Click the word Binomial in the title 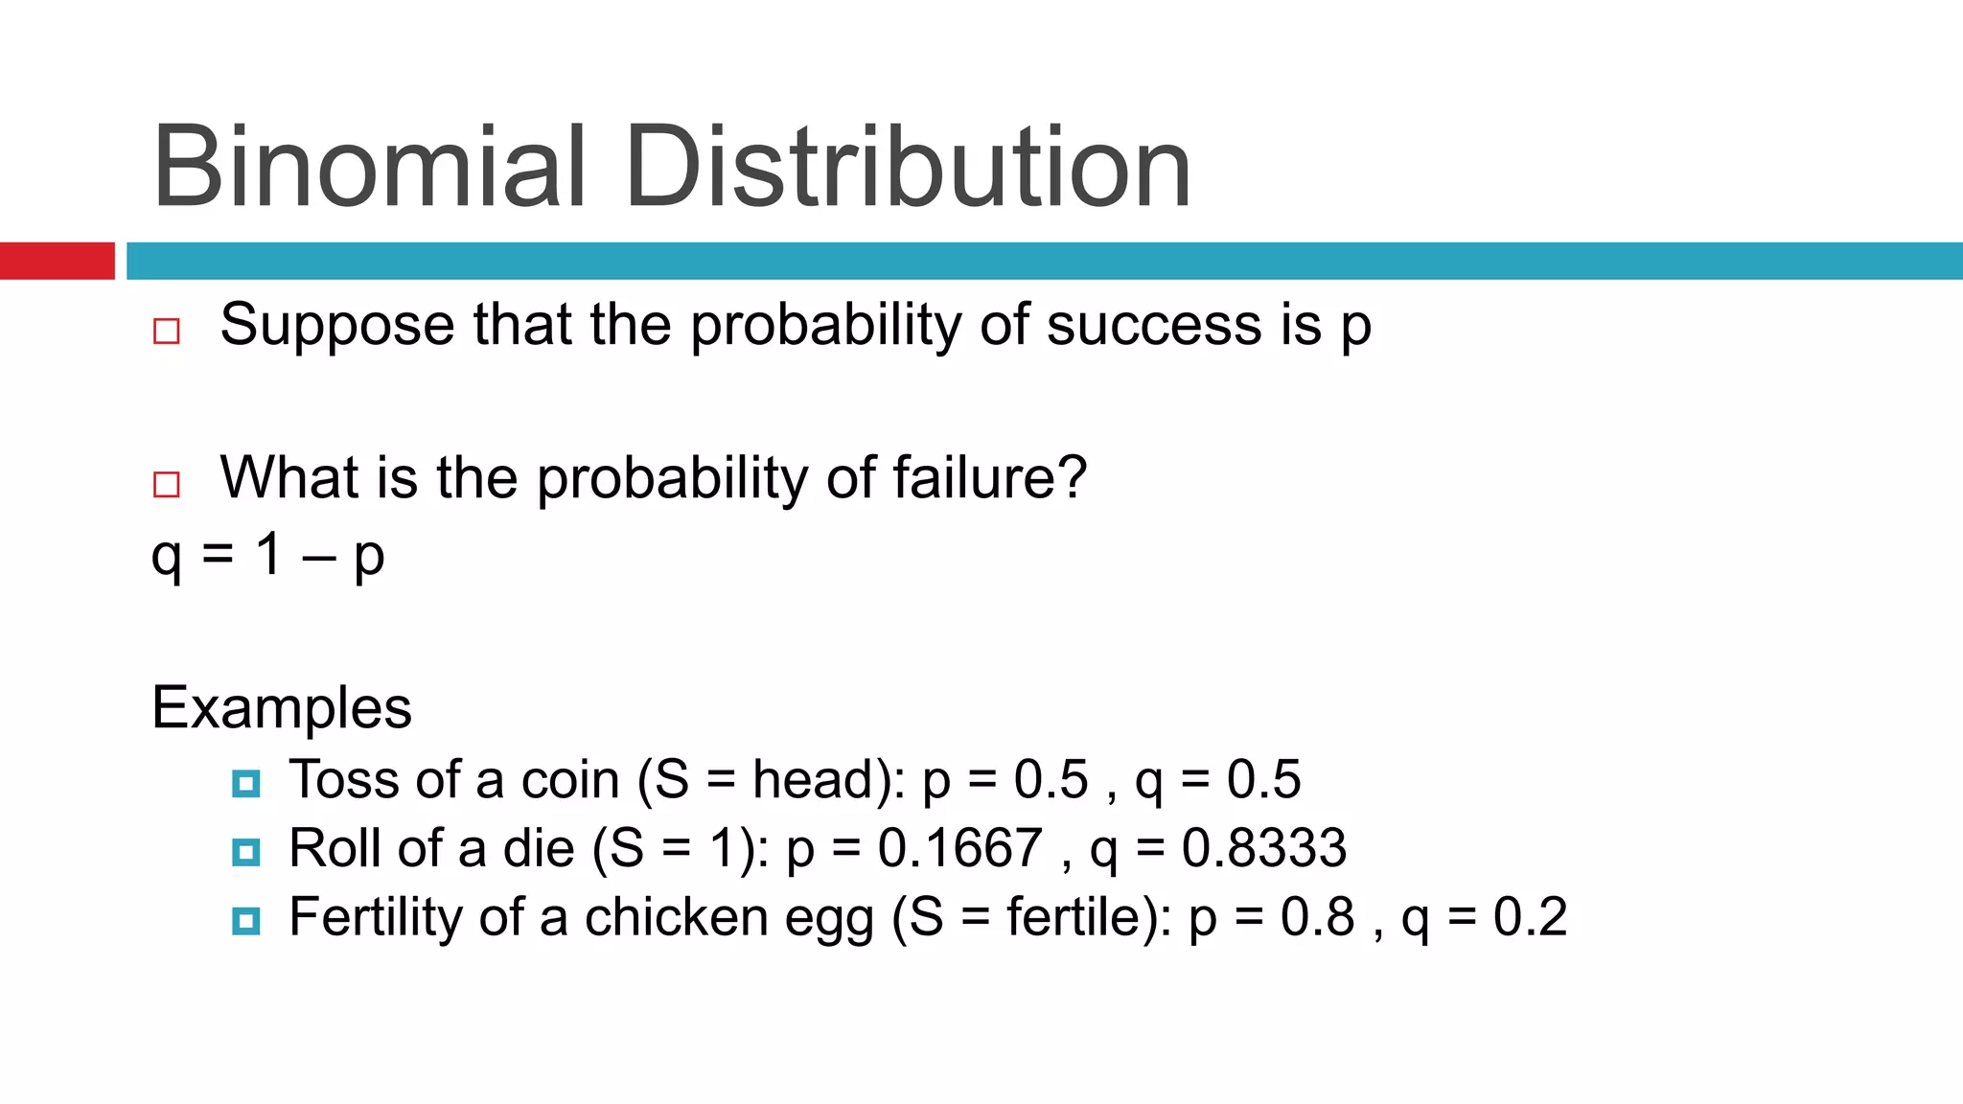[x=369, y=168]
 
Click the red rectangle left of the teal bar [x=57, y=261]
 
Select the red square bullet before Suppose [x=167, y=331]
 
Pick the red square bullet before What [x=167, y=484]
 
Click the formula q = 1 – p [x=268, y=555]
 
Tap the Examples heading [x=282, y=708]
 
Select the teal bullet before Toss [x=246, y=784]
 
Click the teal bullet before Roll [x=246, y=852]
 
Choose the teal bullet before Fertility [x=246, y=921]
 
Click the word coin [x=570, y=779]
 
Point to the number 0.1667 [x=959, y=848]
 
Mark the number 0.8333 [x=1264, y=848]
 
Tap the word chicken [x=676, y=917]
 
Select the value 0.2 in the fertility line [x=1530, y=917]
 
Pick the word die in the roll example [x=539, y=848]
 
